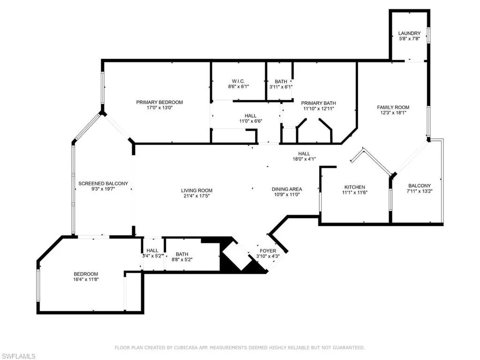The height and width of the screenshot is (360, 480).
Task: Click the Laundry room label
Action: tap(409, 33)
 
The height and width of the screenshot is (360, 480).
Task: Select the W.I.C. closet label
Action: tap(239, 81)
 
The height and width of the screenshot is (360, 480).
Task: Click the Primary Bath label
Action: tap(318, 103)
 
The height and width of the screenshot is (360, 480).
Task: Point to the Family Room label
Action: tap(393, 107)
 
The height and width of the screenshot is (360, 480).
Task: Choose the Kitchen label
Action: tap(354, 187)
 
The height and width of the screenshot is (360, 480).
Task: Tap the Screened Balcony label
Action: tap(103, 183)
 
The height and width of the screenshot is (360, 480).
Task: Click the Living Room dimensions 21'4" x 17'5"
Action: tap(197, 196)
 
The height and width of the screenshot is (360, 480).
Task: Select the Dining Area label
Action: tap(287, 189)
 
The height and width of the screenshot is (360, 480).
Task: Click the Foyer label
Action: tap(268, 251)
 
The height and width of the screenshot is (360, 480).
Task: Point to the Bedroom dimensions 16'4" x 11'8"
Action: tap(86, 279)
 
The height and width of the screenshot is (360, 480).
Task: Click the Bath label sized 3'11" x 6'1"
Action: tap(281, 81)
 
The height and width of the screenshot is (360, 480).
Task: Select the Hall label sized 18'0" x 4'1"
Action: tap(304, 153)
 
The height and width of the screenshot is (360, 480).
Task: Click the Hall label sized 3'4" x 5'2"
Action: tap(152, 250)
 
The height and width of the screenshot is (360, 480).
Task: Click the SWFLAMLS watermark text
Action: tap(19, 356)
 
